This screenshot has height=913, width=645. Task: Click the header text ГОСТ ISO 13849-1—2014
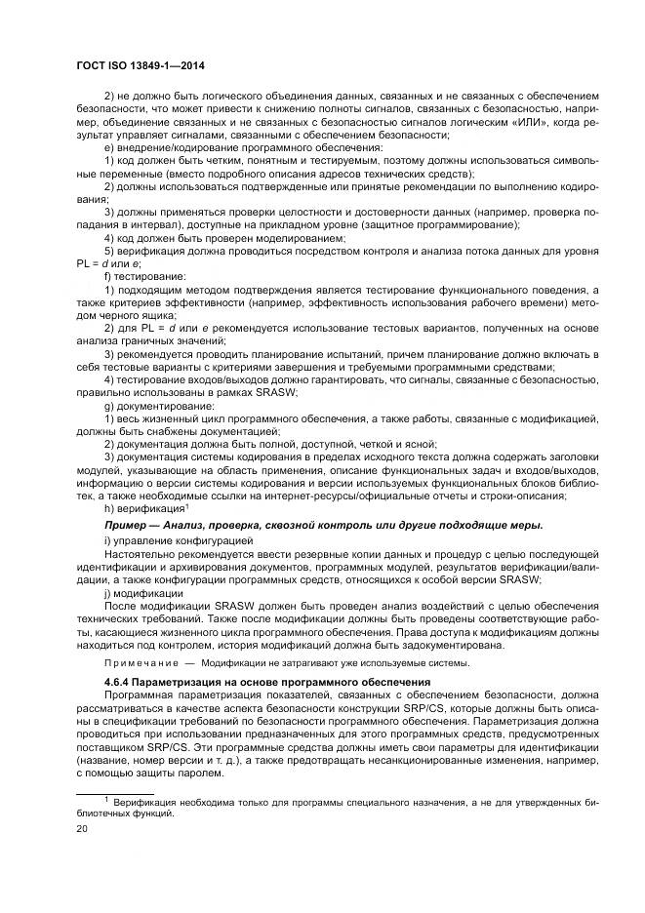[143, 65]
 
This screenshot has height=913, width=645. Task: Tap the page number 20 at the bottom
[83, 826]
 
